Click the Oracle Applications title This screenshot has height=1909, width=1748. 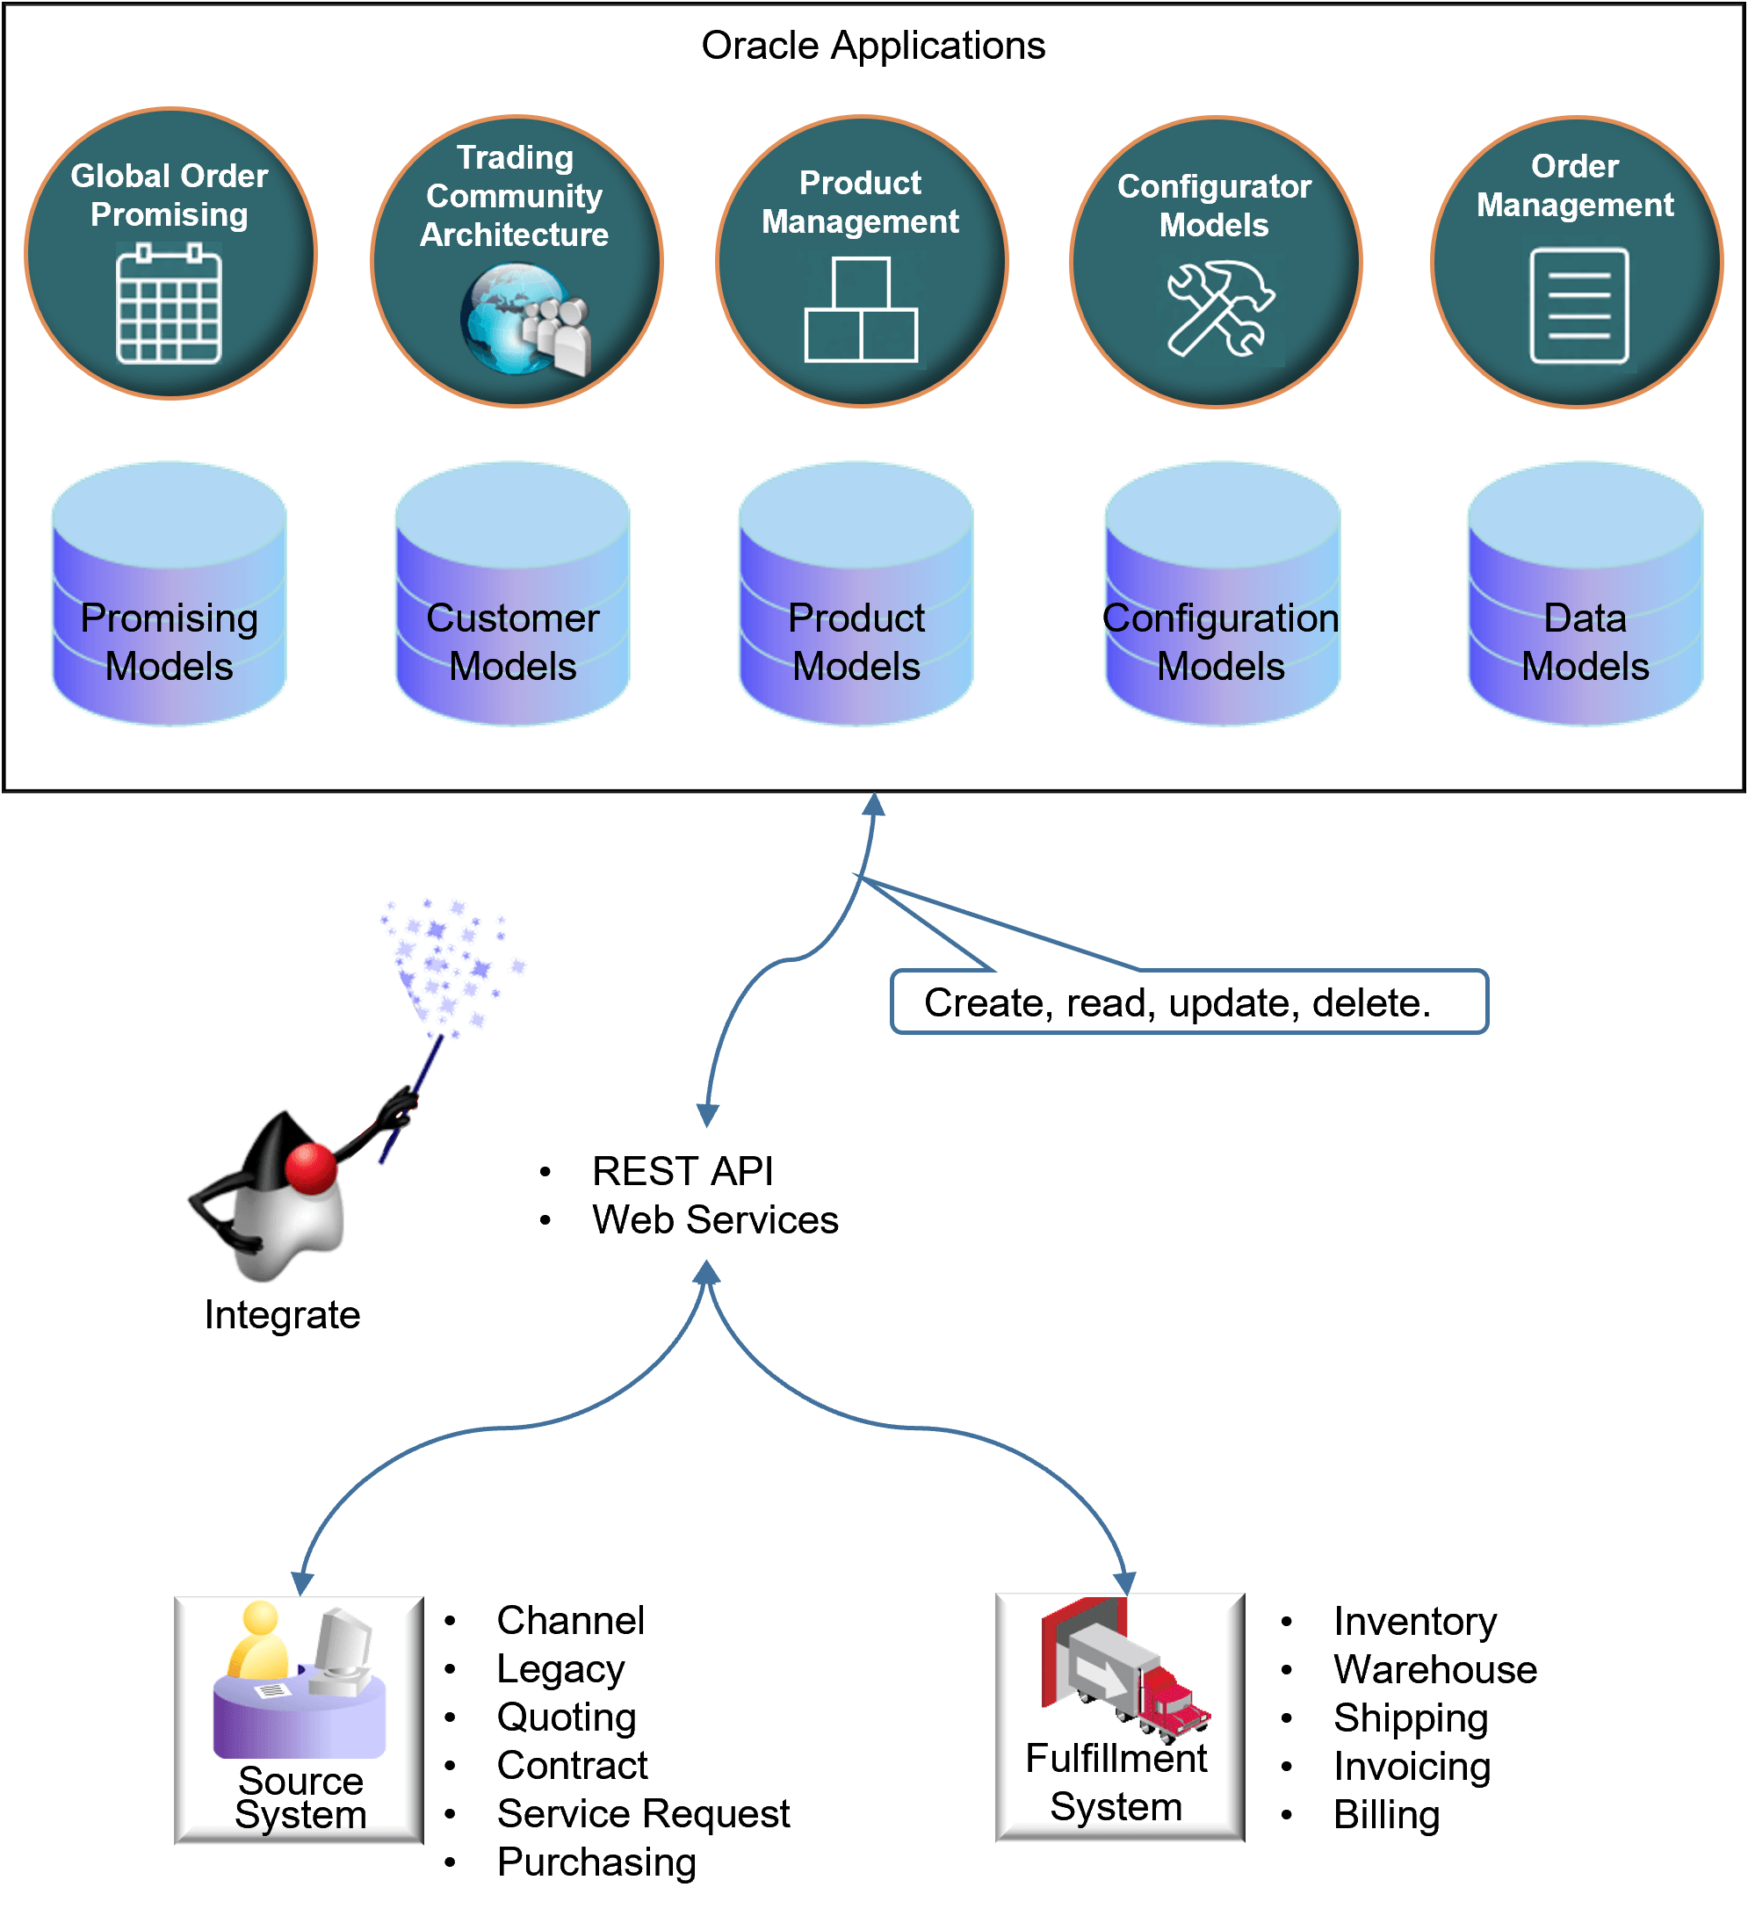coord(873,46)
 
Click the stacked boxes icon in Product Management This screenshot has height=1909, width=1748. coord(861,311)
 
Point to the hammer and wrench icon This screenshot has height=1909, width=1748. coord(1219,308)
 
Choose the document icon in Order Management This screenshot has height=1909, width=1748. coord(1578,306)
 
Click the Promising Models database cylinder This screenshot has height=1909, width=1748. coord(170,595)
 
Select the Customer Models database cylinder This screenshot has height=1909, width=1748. coord(512,595)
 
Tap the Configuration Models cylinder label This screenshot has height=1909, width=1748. coord(1221,642)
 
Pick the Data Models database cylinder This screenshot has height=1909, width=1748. coord(1585,595)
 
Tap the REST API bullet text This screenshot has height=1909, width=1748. coord(682,1171)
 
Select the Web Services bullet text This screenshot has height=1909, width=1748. coord(715,1219)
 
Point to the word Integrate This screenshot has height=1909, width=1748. coord(282,1314)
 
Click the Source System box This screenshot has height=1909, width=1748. coord(300,1719)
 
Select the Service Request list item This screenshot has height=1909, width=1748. coord(643,1813)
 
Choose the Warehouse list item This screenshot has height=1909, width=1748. coord(1434,1669)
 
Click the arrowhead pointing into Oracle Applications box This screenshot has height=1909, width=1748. coord(873,805)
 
